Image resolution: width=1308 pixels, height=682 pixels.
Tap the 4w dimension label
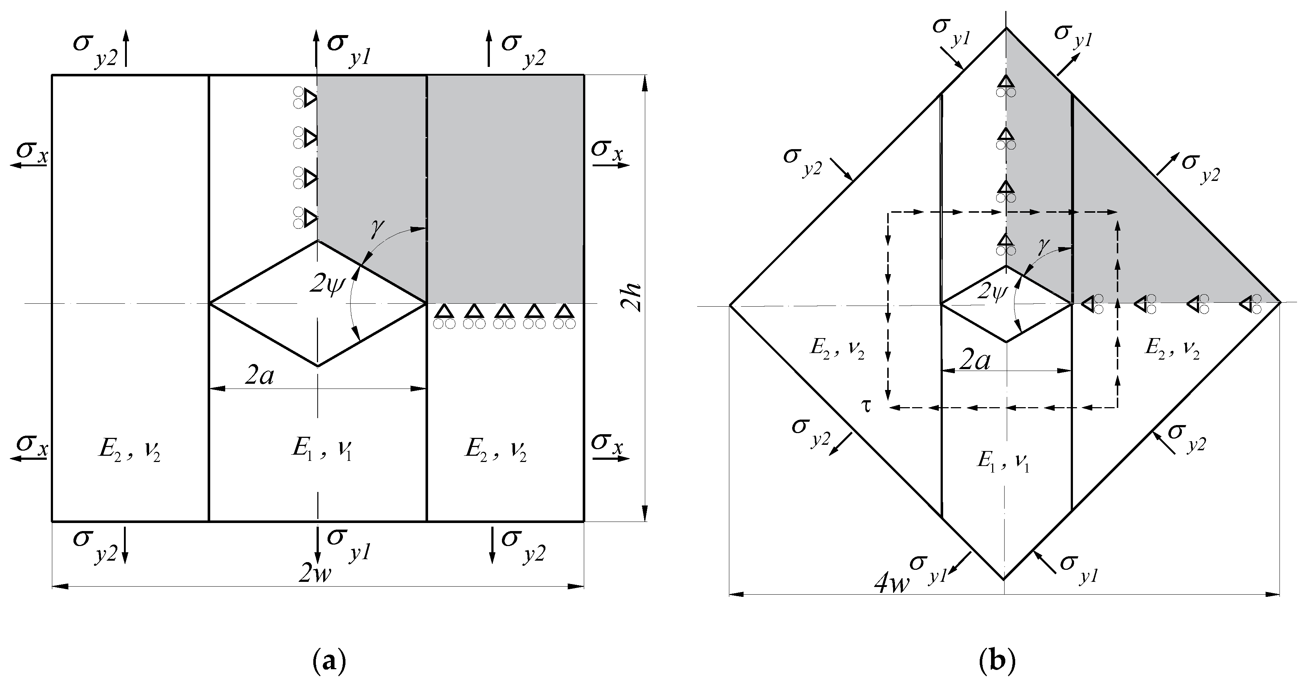click(x=891, y=584)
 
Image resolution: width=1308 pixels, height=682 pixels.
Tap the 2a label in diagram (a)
click(x=260, y=376)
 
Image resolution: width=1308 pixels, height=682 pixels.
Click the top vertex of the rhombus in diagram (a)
click(x=318, y=241)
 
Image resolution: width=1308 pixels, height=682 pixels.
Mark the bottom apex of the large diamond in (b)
click(x=1004, y=579)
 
